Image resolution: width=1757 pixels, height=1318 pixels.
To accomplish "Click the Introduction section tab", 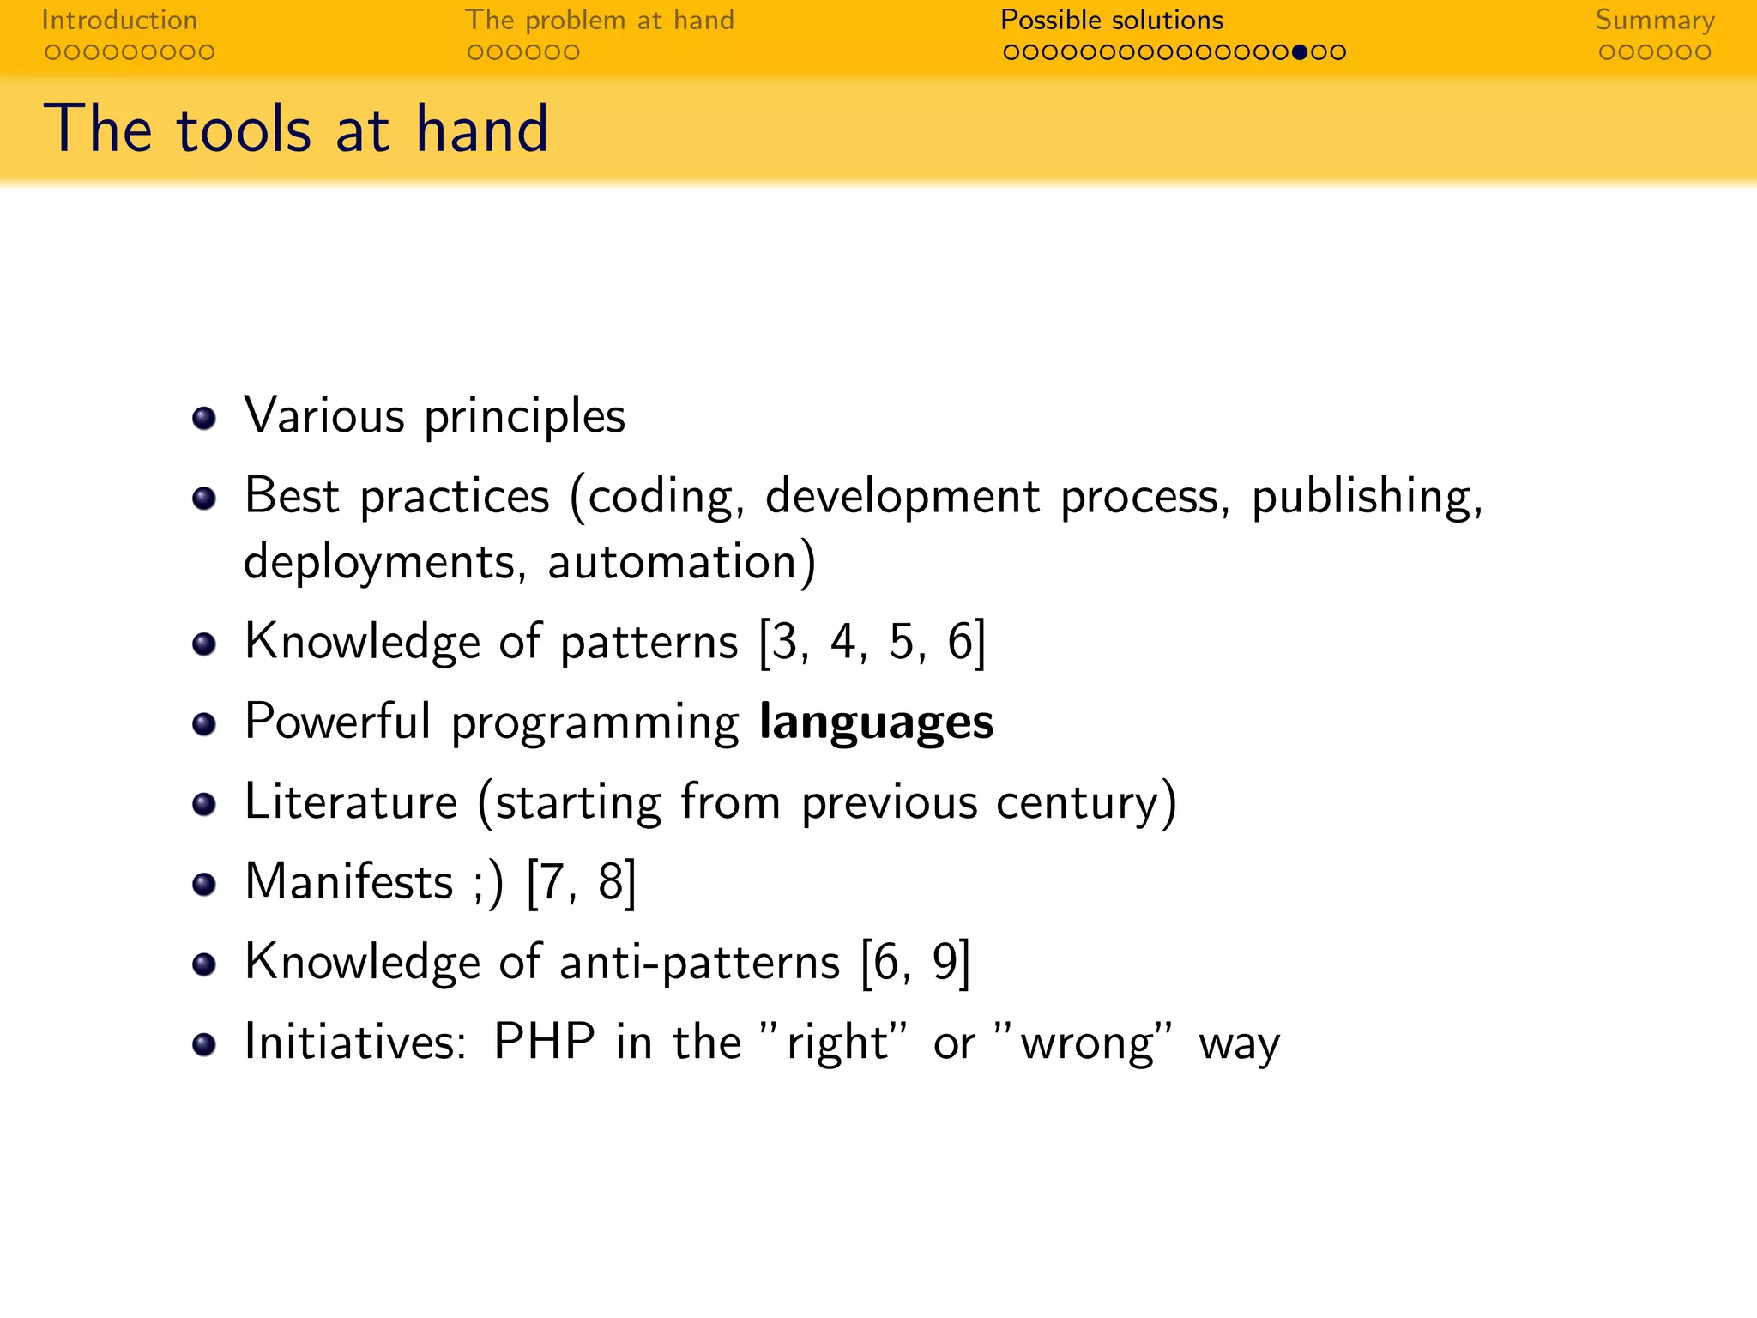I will click(119, 20).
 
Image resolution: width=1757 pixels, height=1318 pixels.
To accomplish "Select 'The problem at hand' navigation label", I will click(600, 20).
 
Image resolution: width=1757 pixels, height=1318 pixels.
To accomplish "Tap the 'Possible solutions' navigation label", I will click(1112, 20).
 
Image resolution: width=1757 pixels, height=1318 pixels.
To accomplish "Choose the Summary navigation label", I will click(1655, 20).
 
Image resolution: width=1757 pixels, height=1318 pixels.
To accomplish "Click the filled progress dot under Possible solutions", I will click(1299, 52).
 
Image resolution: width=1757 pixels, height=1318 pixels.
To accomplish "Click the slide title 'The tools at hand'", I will click(296, 129).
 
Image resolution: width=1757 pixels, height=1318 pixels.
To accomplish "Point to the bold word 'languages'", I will click(876, 722).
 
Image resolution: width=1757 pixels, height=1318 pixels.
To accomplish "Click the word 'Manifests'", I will click(348, 881).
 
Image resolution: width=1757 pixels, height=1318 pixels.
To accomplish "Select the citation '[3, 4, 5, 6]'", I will click(872, 642).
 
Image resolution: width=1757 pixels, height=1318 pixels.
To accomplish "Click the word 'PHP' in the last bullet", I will click(544, 1043).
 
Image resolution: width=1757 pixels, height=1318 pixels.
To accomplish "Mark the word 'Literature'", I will click(351, 802).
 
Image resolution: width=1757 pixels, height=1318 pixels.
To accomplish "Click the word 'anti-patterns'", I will click(699, 962).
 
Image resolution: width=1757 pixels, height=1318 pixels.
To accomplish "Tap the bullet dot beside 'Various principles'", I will click(204, 418).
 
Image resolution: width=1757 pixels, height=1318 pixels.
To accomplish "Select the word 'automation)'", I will click(682, 563).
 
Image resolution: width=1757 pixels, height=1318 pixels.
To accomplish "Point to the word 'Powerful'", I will click(337, 722).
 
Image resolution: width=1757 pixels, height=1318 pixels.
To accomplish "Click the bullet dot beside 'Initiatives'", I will click(204, 1044).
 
